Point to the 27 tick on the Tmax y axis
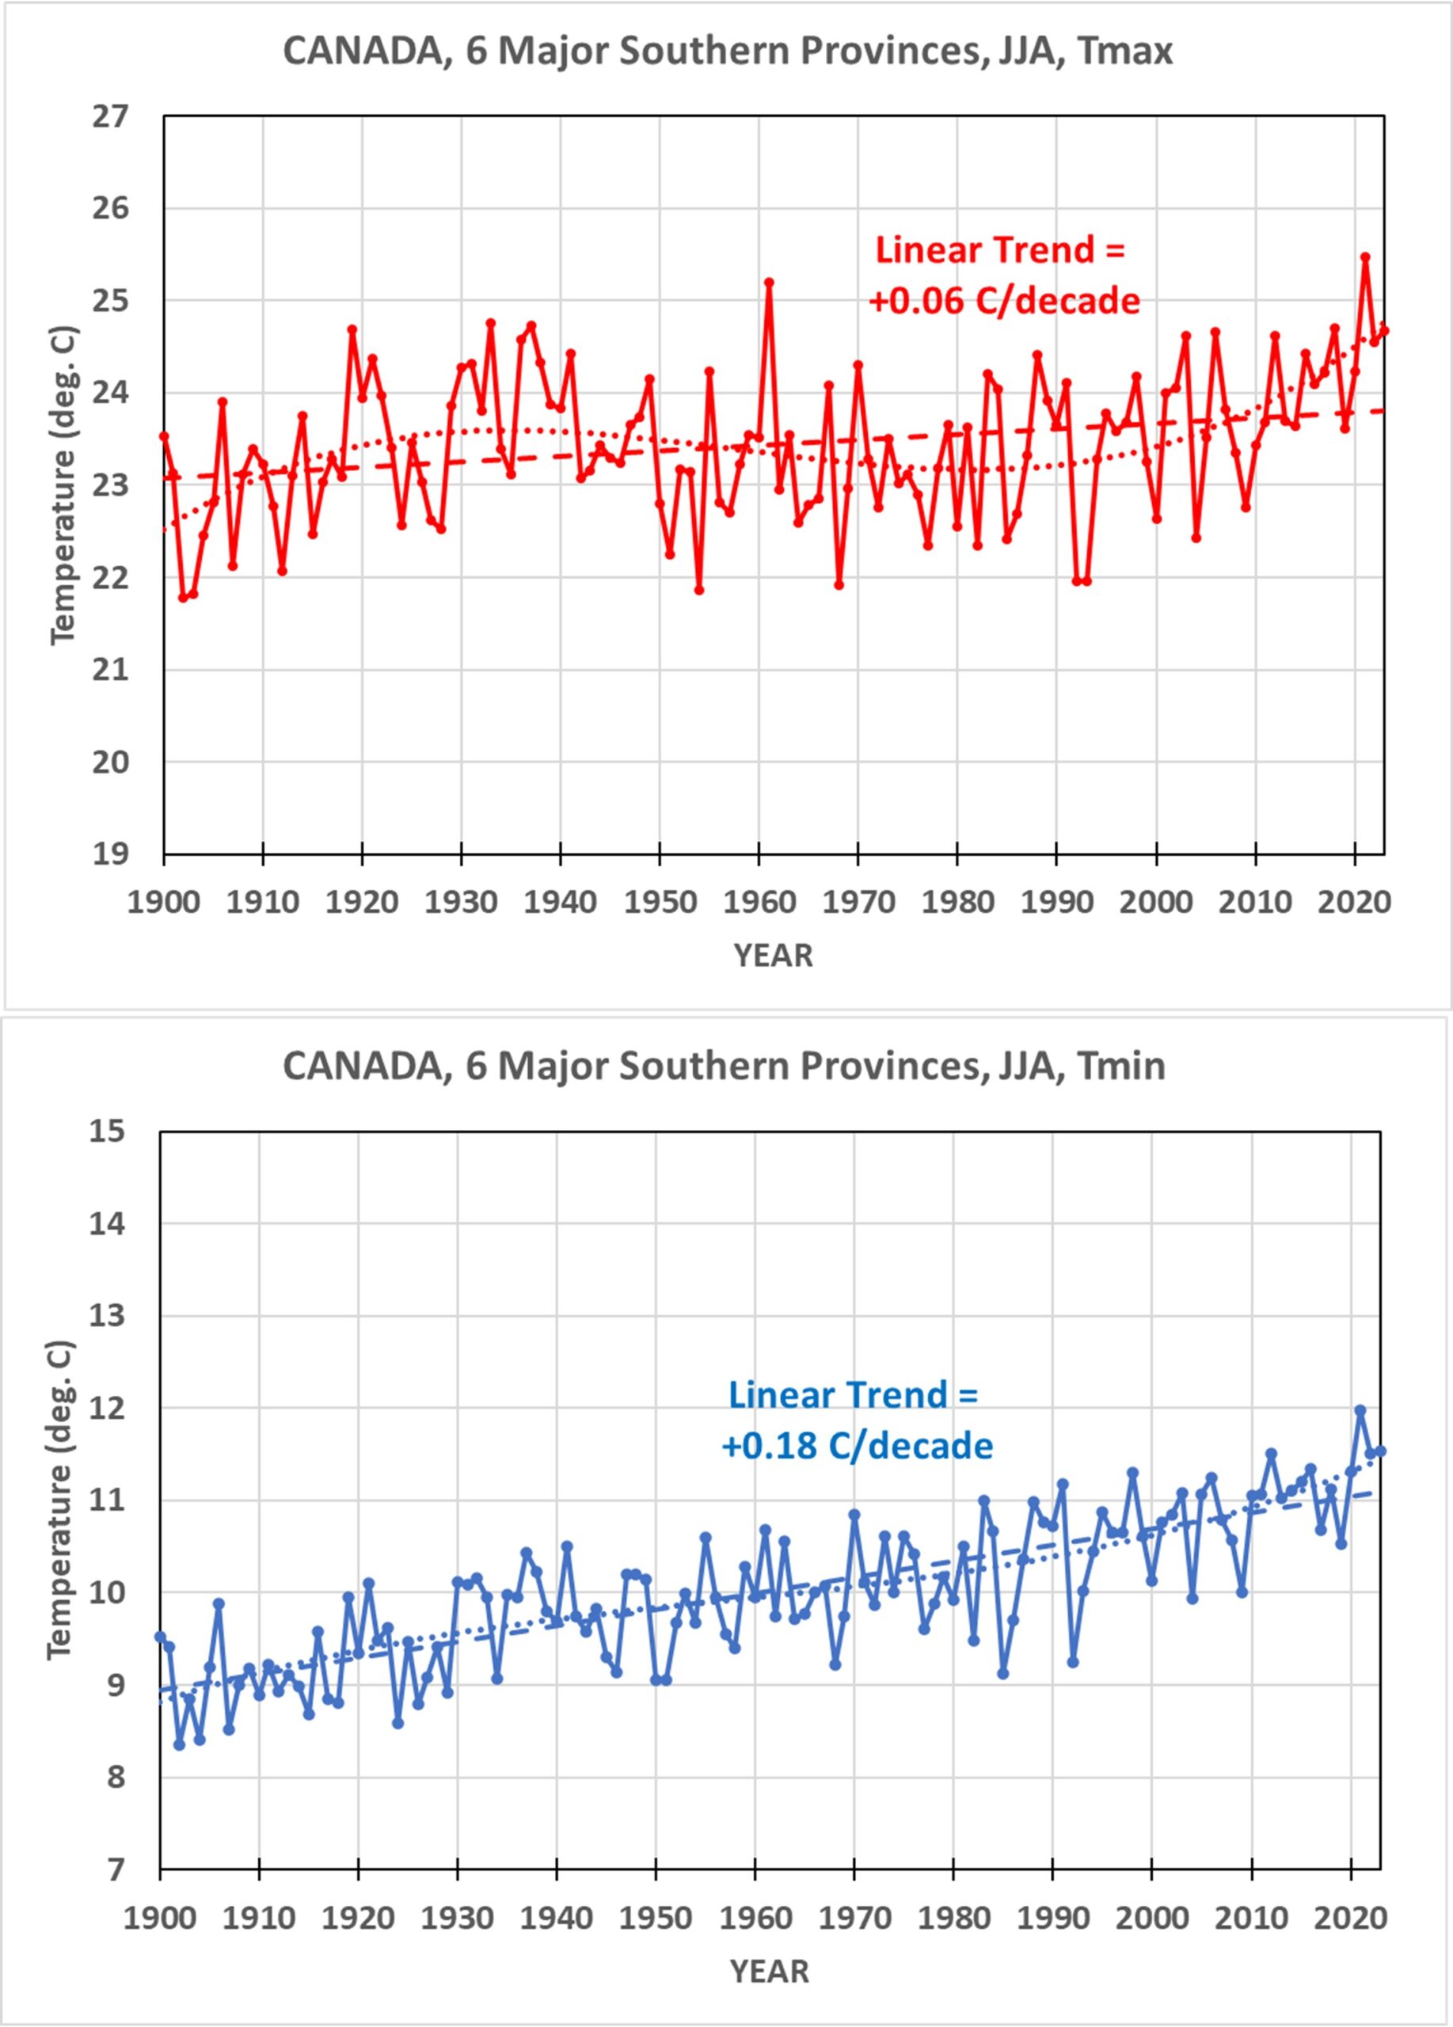coord(110,116)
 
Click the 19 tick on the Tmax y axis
coord(110,854)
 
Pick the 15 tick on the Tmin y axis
coord(107,1131)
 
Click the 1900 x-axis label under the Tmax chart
coord(164,903)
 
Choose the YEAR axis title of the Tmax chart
coord(773,956)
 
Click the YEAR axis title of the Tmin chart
coord(770,1971)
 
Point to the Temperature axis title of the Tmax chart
coord(63,485)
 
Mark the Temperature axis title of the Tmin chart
coord(60,1500)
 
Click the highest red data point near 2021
coord(1365,257)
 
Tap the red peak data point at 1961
coord(769,283)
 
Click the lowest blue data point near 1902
coord(180,1744)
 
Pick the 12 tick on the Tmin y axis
coord(107,1409)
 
